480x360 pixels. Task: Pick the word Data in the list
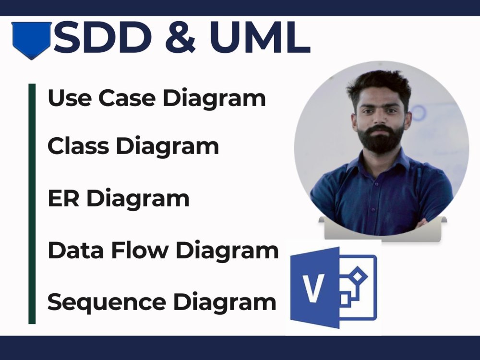72,250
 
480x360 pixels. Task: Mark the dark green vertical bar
32,204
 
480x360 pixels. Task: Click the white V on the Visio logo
314,288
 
